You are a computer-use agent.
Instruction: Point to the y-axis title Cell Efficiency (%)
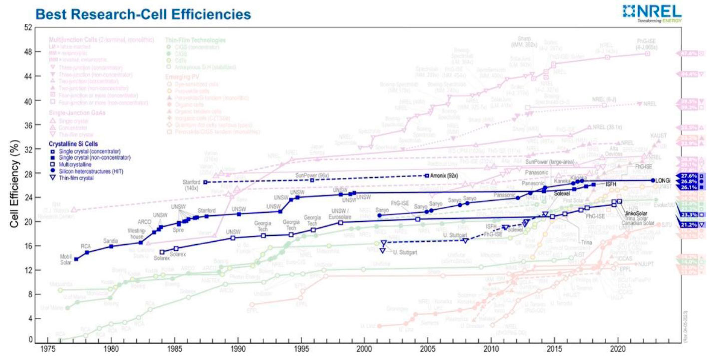click(15, 184)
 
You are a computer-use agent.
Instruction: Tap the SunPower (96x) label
click(310, 175)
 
